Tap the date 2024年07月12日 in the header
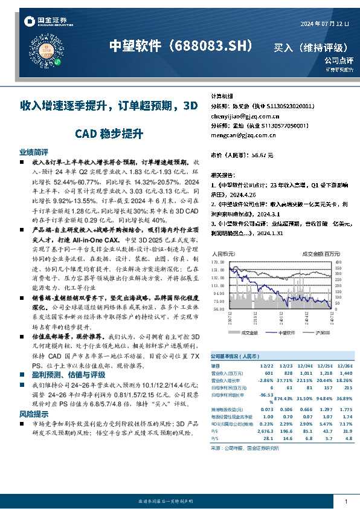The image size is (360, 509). [325, 24]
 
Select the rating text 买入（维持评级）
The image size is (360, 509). [310, 47]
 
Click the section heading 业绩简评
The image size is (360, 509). [33, 153]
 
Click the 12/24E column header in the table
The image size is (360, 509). [304, 366]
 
